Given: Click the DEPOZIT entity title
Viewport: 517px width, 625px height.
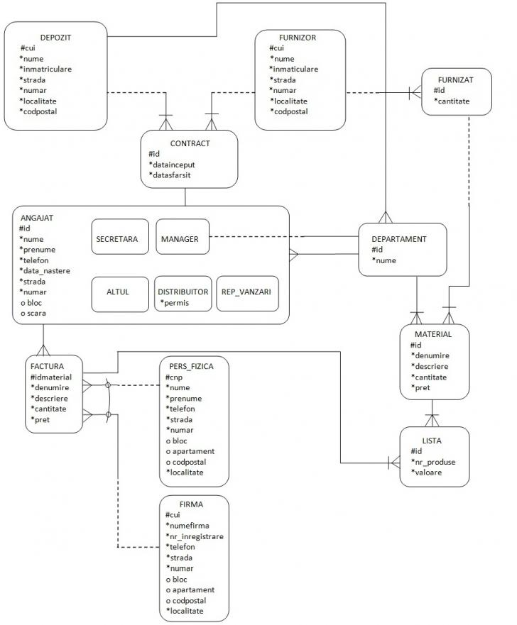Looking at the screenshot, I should pyautogui.click(x=55, y=37).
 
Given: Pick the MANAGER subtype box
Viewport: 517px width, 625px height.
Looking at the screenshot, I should pyautogui.click(x=180, y=239).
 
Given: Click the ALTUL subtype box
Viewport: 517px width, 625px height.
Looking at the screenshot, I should pyautogui.click(x=118, y=292).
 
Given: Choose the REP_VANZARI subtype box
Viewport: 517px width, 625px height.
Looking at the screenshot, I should pyautogui.click(x=246, y=292).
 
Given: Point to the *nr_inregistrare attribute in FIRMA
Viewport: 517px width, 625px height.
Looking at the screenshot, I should pyautogui.click(x=195, y=536).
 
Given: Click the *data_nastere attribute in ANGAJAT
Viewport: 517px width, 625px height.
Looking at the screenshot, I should pyautogui.click(x=45, y=271).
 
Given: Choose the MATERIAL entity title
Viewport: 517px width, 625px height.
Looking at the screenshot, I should pyautogui.click(x=432, y=334).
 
